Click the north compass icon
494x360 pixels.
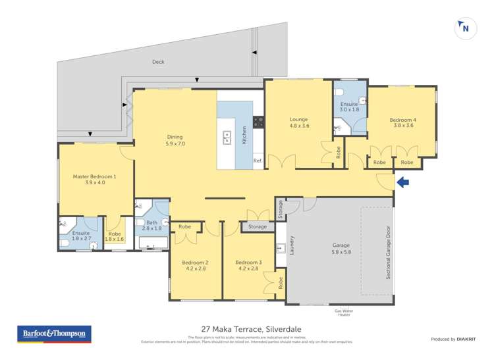tap(465, 28)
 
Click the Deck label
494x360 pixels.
tap(158, 62)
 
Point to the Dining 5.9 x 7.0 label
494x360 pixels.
tap(175, 140)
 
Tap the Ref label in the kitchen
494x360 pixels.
tap(258, 161)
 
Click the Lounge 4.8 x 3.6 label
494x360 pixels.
tap(299, 122)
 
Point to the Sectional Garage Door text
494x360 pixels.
tap(388, 253)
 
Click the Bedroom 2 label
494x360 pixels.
tap(196, 266)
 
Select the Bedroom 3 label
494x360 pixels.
tap(249, 266)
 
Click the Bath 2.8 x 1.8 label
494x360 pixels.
tap(152, 225)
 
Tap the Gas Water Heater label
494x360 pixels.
tap(343, 312)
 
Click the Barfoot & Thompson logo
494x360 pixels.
tap(53, 334)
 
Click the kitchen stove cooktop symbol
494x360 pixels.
tap(259, 121)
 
